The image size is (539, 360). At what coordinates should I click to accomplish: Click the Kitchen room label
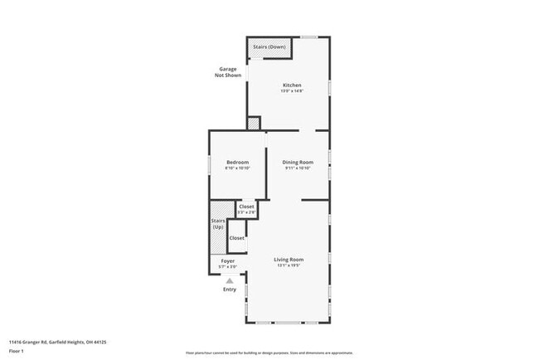click(291, 85)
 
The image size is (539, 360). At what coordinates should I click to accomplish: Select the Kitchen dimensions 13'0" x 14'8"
click(291, 91)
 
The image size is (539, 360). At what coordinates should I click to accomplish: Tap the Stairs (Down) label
click(271, 47)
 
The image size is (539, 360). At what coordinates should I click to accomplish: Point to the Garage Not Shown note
click(228, 72)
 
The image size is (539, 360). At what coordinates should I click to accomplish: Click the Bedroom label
click(237, 162)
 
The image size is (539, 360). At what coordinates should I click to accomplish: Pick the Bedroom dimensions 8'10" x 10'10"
click(237, 168)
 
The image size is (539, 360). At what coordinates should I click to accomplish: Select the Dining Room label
click(297, 162)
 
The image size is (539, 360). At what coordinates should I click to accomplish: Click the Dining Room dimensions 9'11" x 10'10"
click(297, 168)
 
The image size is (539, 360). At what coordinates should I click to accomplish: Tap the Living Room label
click(289, 260)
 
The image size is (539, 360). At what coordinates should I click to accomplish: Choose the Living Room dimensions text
click(289, 266)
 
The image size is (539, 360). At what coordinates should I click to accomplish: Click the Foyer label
click(228, 261)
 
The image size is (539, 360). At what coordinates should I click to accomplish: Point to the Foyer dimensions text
click(228, 267)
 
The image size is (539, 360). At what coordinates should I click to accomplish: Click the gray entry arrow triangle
click(230, 280)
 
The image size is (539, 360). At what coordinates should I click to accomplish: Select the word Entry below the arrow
click(230, 289)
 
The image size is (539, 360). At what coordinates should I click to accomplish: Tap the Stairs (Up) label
click(219, 223)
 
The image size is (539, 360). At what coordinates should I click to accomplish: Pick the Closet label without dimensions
click(237, 238)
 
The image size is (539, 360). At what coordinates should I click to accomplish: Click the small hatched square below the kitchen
click(253, 124)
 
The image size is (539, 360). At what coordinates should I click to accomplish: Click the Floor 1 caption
click(17, 351)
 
